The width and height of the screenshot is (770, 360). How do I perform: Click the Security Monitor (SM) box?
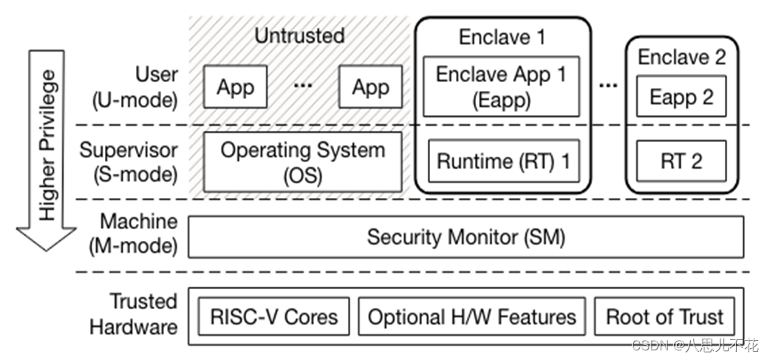point(466,237)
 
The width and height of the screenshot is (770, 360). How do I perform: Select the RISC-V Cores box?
point(273,317)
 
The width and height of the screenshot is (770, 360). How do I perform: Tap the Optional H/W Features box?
point(471,317)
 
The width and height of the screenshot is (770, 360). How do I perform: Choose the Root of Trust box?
point(664,317)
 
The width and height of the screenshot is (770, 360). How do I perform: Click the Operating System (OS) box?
point(303,162)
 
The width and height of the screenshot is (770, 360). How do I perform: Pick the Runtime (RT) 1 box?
point(503,161)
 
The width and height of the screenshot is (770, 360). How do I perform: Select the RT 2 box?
point(681,161)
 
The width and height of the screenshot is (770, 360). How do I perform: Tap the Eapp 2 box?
point(681,98)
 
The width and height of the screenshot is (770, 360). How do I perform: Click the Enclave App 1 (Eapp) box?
point(501,86)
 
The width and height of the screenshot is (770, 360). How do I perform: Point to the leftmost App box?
point(235,87)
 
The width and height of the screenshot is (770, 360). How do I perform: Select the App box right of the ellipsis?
point(370,87)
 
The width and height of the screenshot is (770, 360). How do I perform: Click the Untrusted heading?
point(299,35)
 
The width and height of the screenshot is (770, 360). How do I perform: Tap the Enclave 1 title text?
point(502,36)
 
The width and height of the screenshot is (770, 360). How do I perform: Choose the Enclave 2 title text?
point(681,56)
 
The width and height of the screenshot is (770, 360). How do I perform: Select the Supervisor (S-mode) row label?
point(129,162)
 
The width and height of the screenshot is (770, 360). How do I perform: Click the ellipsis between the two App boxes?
point(303,86)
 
